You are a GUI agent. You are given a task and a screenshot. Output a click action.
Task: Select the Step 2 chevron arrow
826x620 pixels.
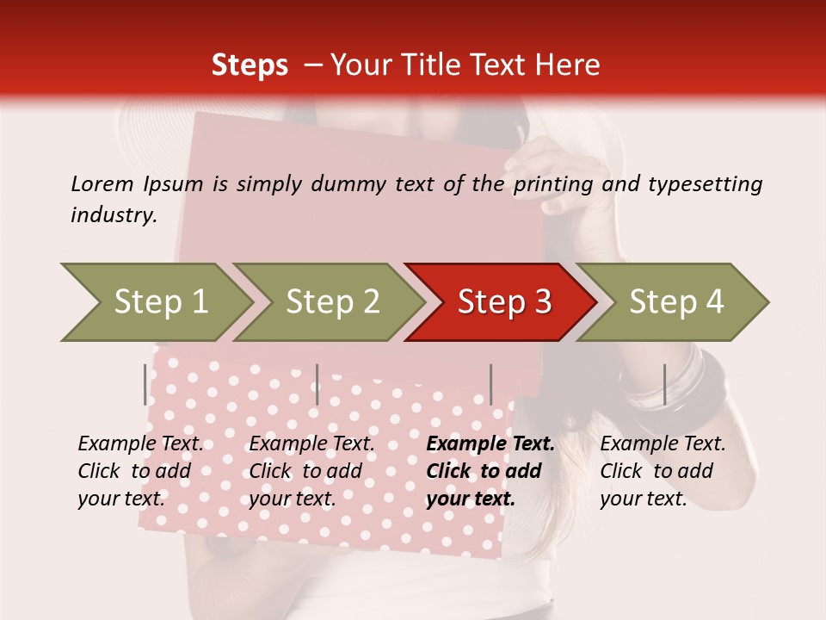pos(332,301)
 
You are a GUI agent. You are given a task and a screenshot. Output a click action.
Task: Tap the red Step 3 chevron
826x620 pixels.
pos(504,301)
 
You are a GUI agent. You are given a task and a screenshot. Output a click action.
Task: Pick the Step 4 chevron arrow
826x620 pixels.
pos(676,301)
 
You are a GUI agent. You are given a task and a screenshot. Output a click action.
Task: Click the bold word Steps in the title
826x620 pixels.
pos(250,65)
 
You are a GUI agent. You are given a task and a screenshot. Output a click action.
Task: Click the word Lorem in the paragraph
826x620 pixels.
pos(102,183)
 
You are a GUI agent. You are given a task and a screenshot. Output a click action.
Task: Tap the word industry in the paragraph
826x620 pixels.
pos(112,214)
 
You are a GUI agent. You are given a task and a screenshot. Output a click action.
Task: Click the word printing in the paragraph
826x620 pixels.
pos(553,184)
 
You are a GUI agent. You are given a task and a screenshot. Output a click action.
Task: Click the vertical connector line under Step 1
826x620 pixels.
pos(145,384)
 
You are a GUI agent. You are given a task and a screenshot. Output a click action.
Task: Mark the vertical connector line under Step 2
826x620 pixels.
pos(317,384)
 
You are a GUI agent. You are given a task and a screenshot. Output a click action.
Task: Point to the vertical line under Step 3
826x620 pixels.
pos(490,384)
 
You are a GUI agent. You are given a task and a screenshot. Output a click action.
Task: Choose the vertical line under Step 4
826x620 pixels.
pos(664,384)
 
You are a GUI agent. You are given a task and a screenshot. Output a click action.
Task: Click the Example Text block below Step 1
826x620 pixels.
pos(140,471)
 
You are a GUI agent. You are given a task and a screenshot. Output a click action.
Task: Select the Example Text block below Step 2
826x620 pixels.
pos(311,471)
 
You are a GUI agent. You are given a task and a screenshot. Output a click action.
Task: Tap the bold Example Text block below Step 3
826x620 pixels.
pos(490,471)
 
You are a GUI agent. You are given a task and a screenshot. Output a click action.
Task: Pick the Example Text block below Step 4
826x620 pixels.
pos(663,471)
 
